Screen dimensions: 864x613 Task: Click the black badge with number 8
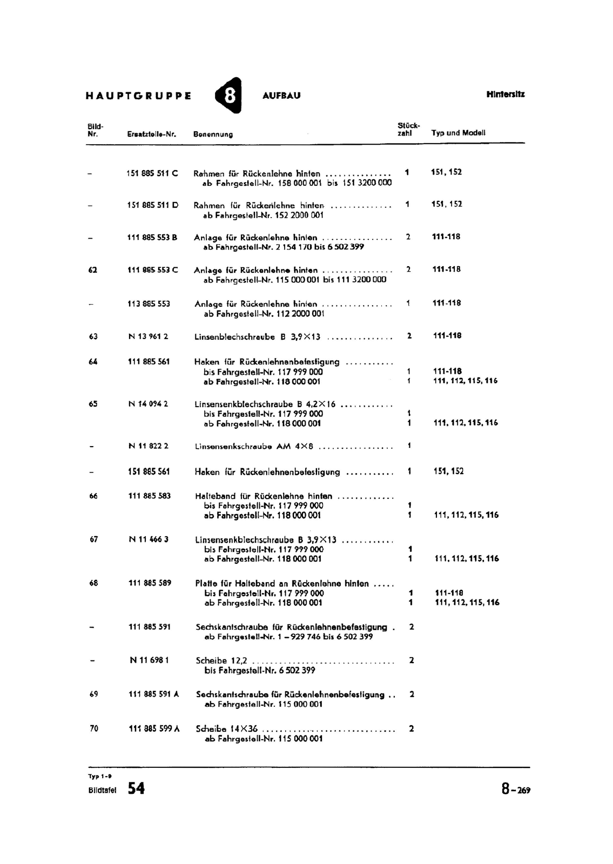(x=228, y=96)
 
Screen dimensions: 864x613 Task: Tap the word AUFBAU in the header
(x=281, y=96)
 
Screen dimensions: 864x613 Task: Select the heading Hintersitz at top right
(x=506, y=94)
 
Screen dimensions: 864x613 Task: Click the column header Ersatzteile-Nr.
(x=152, y=134)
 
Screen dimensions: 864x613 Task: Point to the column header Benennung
(x=213, y=134)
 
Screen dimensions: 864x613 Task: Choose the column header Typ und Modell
(x=459, y=132)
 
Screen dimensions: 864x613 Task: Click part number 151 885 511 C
(x=152, y=173)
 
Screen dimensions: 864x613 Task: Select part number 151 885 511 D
(x=153, y=205)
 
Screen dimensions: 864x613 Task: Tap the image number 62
(x=92, y=270)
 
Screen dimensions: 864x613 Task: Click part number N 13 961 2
(x=148, y=336)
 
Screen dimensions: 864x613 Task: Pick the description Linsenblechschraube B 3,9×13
(x=258, y=337)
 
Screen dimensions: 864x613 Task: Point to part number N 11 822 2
(x=149, y=446)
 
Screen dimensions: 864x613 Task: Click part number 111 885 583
(x=149, y=496)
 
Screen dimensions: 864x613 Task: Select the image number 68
(x=94, y=583)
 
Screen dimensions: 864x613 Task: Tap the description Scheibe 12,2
(x=221, y=660)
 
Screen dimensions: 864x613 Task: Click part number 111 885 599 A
(x=154, y=728)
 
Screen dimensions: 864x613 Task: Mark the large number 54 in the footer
(x=136, y=788)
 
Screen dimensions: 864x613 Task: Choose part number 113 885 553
(x=149, y=304)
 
